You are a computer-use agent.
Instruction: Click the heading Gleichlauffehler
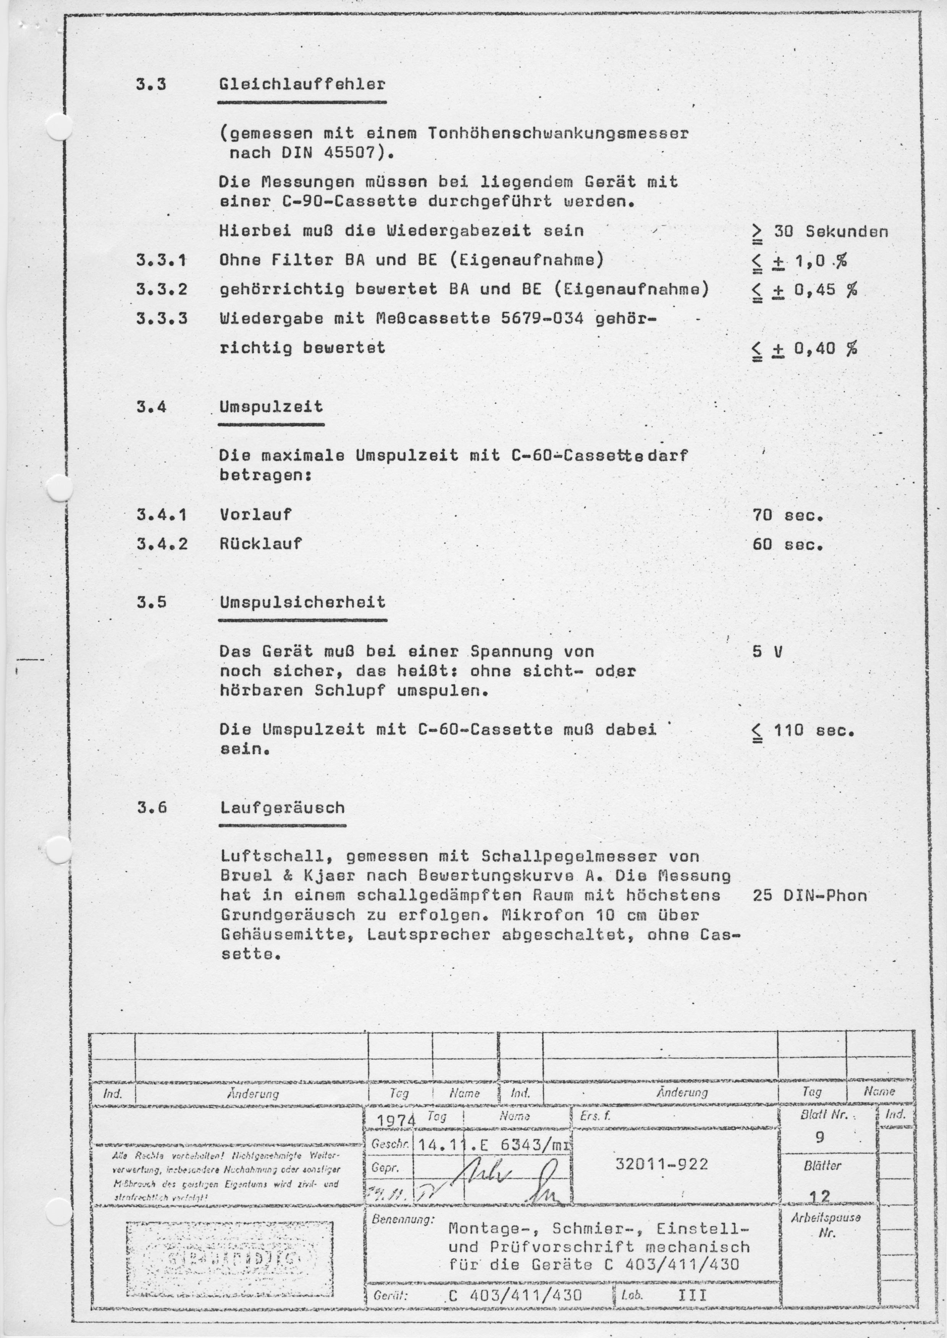[302, 84]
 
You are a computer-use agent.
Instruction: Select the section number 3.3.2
[162, 289]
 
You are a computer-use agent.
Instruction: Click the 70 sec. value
[787, 515]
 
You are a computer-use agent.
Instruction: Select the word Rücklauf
[261, 544]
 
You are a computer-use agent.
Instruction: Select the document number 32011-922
[662, 1164]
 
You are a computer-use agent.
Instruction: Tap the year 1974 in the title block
[395, 1121]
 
